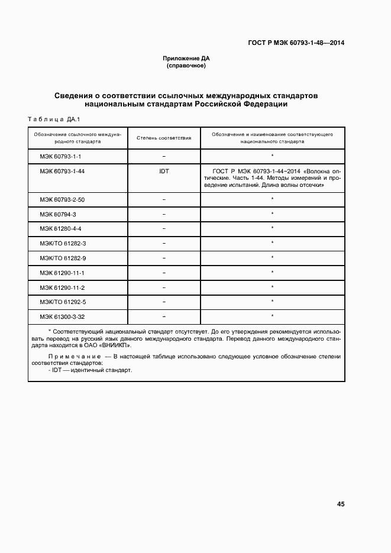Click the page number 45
point(340,505)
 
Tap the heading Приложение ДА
point(186,59)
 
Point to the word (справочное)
point(186,66)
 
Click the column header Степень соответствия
point(164,138)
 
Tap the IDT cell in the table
point(164,171)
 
